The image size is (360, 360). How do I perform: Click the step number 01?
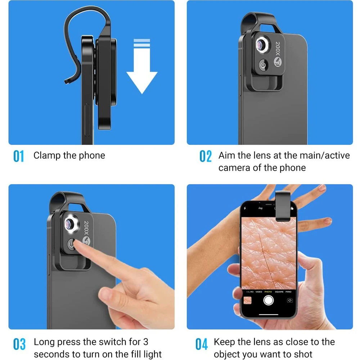[x=18, y=157]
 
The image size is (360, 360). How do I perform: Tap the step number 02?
[x=206, y=157]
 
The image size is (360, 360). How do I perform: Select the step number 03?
[x=19, y=344]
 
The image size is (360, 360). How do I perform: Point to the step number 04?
[x=202, y=344]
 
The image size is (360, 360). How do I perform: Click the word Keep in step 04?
[x=225, y=342]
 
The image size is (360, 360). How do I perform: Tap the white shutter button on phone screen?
[x=268, y=300]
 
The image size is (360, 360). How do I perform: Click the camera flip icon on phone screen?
[x=289, y=300]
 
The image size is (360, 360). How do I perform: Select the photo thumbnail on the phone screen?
[x=247, y=300]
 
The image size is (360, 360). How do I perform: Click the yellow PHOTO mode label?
[x=268, y=292]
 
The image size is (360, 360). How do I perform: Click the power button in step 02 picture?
[x=264, y=65]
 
